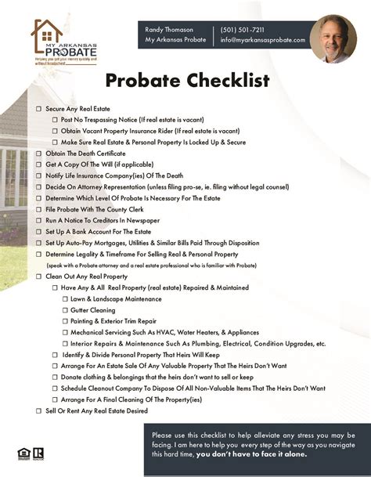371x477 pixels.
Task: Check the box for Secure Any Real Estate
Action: pos(39,108)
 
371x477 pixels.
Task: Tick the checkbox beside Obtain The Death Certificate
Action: pos(39,154)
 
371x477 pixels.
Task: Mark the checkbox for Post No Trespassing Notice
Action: pos(56,119)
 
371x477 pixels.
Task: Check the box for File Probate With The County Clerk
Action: pos(39,210)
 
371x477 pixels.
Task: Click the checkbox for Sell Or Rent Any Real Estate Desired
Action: pos(39,410)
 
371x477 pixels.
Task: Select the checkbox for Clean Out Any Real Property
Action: pos(39,277)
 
